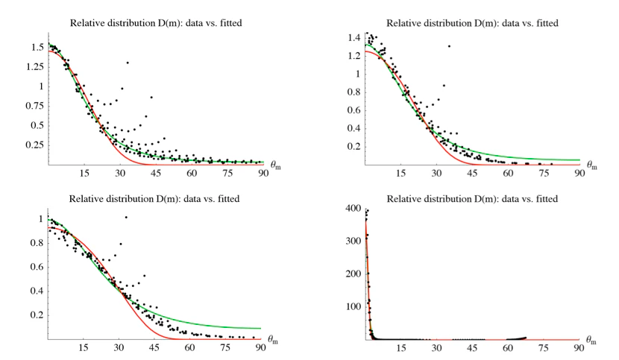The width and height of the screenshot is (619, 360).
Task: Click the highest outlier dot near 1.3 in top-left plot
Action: pyautogui.click(x=128, y=63)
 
